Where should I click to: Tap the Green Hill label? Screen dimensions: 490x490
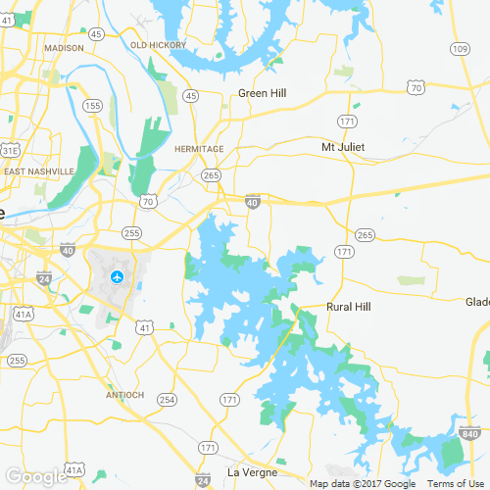coord(262,94)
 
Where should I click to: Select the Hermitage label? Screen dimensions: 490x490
coord(198,149)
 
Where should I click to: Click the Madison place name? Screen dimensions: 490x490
coord(65,47)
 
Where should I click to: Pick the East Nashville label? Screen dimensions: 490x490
coord(39,171)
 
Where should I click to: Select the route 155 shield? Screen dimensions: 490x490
coord(93,105)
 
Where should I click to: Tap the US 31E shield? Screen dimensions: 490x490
coord(10,150)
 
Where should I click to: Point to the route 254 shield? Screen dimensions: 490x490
coord(168,400)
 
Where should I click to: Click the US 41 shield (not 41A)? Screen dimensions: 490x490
coord(144,326)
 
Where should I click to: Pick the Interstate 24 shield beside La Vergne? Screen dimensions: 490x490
coord(202,480)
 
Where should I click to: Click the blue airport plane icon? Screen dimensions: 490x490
coord(118,276)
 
